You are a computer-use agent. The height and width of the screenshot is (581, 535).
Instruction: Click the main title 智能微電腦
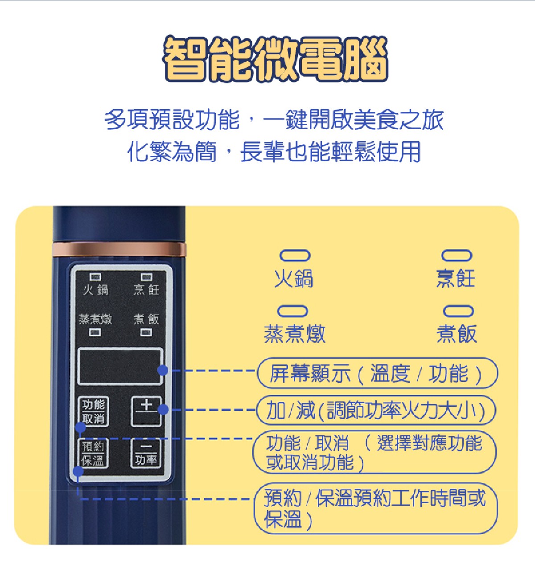coord(275,58)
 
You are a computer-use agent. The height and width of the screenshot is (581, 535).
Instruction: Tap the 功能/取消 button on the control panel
coord(93,411)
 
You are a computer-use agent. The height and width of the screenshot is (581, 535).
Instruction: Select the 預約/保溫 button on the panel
coord(93,453)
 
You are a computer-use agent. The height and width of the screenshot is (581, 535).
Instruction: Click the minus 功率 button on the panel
coord(146,453)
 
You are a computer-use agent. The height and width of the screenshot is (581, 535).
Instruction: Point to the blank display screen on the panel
coord(120,366)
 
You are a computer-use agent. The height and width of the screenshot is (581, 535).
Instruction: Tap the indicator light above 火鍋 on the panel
coord(95,277)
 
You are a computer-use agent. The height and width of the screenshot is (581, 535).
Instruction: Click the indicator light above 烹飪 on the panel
coord(146,277)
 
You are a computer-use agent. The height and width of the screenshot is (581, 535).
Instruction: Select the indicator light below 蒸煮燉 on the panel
coord(95,332)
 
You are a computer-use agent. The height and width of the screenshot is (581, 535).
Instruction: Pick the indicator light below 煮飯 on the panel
coord(146,332)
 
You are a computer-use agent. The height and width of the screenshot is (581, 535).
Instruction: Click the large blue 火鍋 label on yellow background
coord(294,278)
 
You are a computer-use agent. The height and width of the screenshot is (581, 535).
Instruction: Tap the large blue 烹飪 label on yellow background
coord(456,278)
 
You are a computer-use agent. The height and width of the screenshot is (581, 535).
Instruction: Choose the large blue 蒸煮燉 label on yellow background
coord(294,334)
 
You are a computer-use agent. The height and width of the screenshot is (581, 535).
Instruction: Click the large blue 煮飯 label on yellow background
coord(457,334)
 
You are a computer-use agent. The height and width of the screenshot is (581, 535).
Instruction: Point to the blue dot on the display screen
coord(163,370)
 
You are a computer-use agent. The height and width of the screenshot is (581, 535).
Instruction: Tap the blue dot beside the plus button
coord(163,409)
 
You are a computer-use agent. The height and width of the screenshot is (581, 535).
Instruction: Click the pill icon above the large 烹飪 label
coord(457,255)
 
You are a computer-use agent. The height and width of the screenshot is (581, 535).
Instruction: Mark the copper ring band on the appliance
coord(119,250)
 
